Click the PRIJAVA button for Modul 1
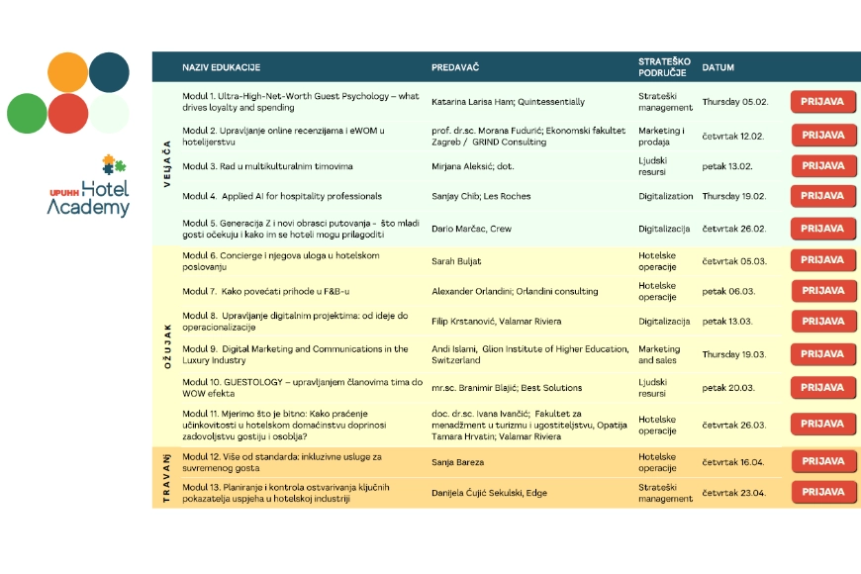pos(822,102)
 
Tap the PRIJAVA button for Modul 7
pos(822,291)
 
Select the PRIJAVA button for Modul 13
pos(823,492)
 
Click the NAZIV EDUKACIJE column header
pos(221,67)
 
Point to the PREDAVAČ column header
pos(455,67)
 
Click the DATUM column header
pos(717,67)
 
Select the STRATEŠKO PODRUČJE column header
pos(664,66)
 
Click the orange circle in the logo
pos(68,72)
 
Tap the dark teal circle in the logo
pos(109,72)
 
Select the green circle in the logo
pos(27,113)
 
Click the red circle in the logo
pos(68,113)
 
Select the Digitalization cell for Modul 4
pos(665,196)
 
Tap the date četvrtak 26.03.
pos(733,425)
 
